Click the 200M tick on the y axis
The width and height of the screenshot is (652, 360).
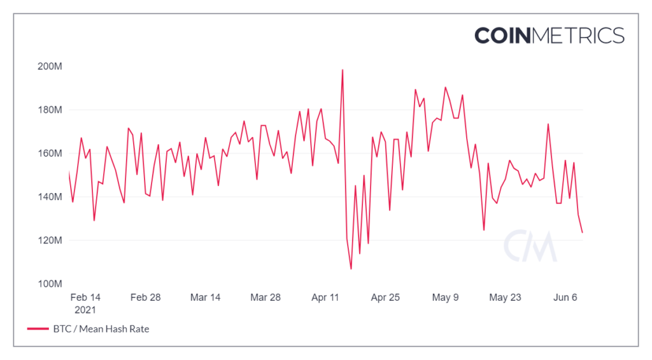pyautogui.click(x=48, y=66)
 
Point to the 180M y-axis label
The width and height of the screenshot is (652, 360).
pyautogui.click(x=48, y=110)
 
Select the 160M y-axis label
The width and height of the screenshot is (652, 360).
pyautogui.click(x=48, y=154)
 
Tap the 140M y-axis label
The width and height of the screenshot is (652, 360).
pyautogui.click(x=48, y=197)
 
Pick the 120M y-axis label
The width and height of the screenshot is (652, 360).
pyautogui.click(x=48, y=240)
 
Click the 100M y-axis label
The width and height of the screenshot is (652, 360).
pyautogui.click(x=48, y=284)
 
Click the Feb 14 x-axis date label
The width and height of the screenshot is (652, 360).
pyautogui.click(x=85, y=298)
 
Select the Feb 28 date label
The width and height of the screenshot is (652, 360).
pyautogui.click(x=145, y=298)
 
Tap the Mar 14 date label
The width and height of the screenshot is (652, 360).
pyautogui.click(x=205, y=298)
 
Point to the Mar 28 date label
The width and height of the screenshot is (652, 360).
pyautogui.click(x=266, y=298)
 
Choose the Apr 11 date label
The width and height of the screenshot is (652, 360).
pyautogui.click(x=325, y=298)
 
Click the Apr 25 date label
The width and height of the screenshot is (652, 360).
pyautogui.click(x=385, y=298)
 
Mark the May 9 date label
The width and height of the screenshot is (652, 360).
pyautogui.click(x=446, y=298)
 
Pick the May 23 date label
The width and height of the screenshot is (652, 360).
pyautogui.click(x=506, y=298)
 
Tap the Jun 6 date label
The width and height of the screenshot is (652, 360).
pyautogui.click(x=565, y=298)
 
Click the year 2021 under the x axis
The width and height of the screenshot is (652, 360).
pyautogui.click(x=85, y=310)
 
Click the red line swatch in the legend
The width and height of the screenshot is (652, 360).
pyautogui.click(x=38, y=329)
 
